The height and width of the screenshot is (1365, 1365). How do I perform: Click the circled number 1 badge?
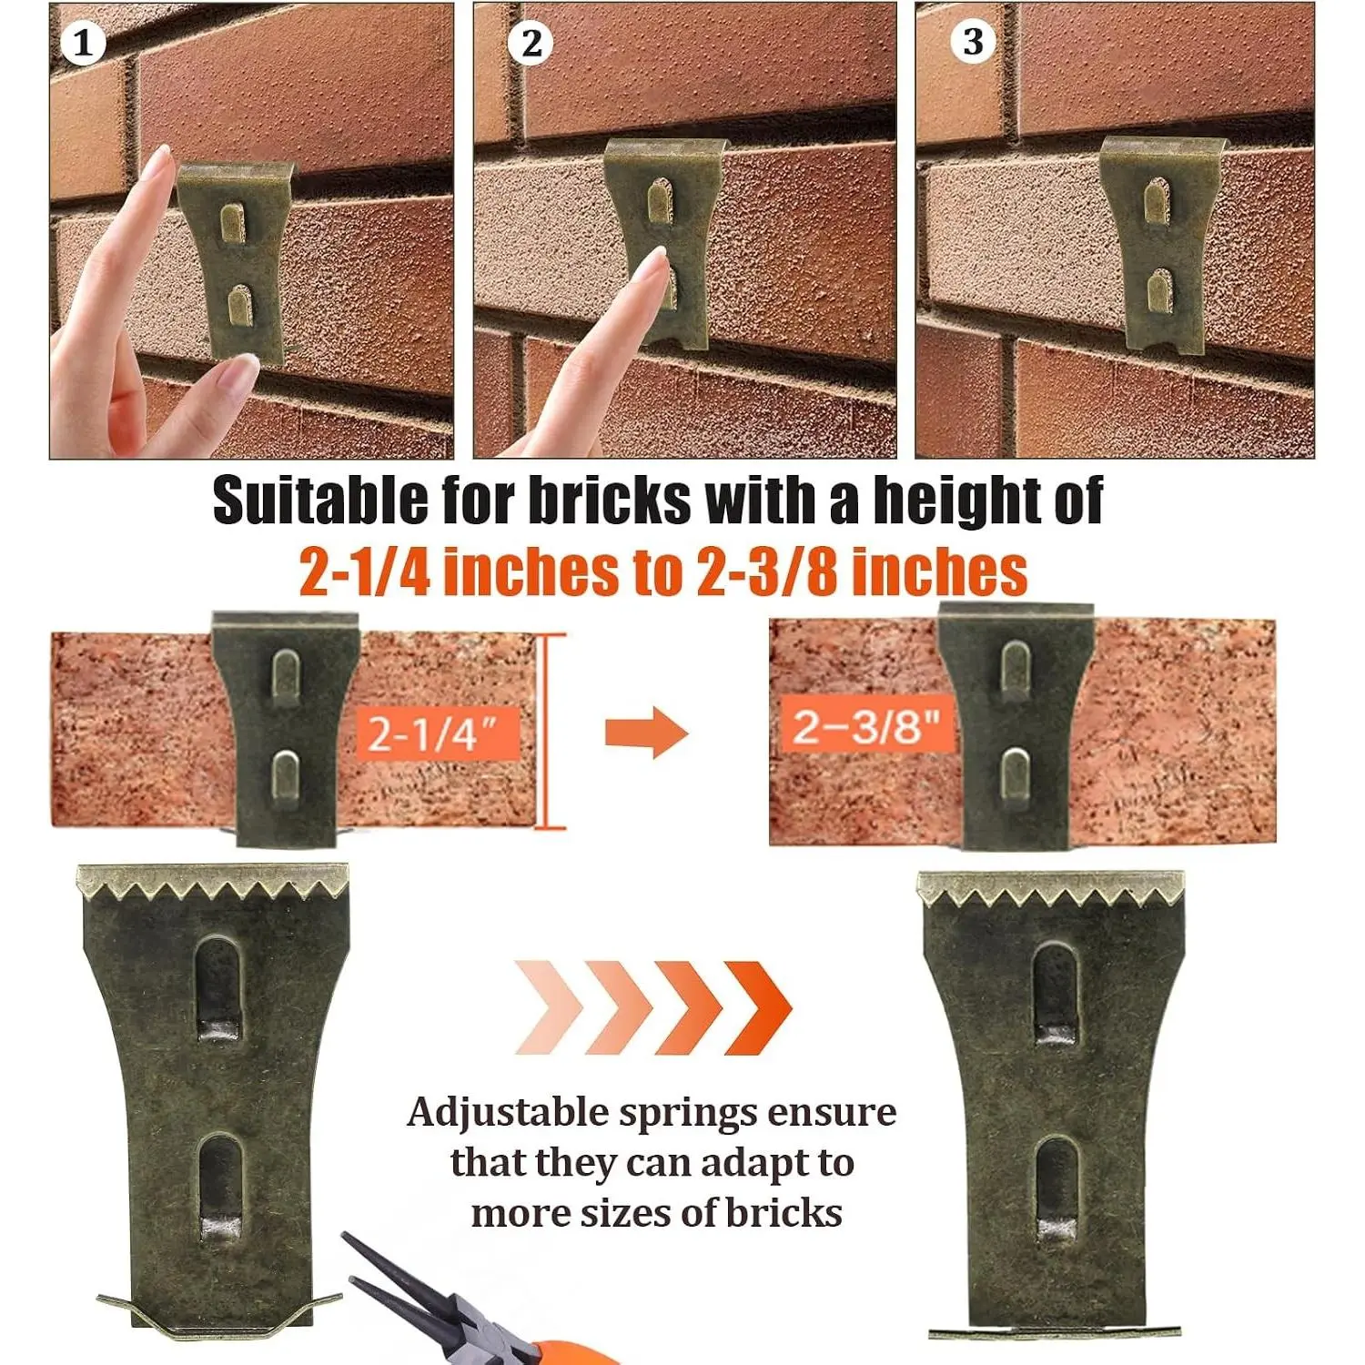pyautogui.click(x=83, y=43)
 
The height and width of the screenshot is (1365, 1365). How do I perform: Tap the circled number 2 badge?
pyautogui.click(x=531, y=43)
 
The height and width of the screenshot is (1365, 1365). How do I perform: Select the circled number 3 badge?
pyautogui.click(x=973, y=41)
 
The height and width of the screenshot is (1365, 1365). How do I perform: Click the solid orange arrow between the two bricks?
pyautogui.click(x=646, y=732)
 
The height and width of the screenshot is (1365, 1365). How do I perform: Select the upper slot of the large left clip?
pyautogui.click(x=220, y=989)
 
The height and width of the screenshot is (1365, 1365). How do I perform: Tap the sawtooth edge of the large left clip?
pyautogui.click(x=213, y=882)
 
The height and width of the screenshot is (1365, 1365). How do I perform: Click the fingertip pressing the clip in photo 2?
pyautogui.click(x=653, y=268)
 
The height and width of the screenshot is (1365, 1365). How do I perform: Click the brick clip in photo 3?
pyautogui.click(x=1158, y=246)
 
